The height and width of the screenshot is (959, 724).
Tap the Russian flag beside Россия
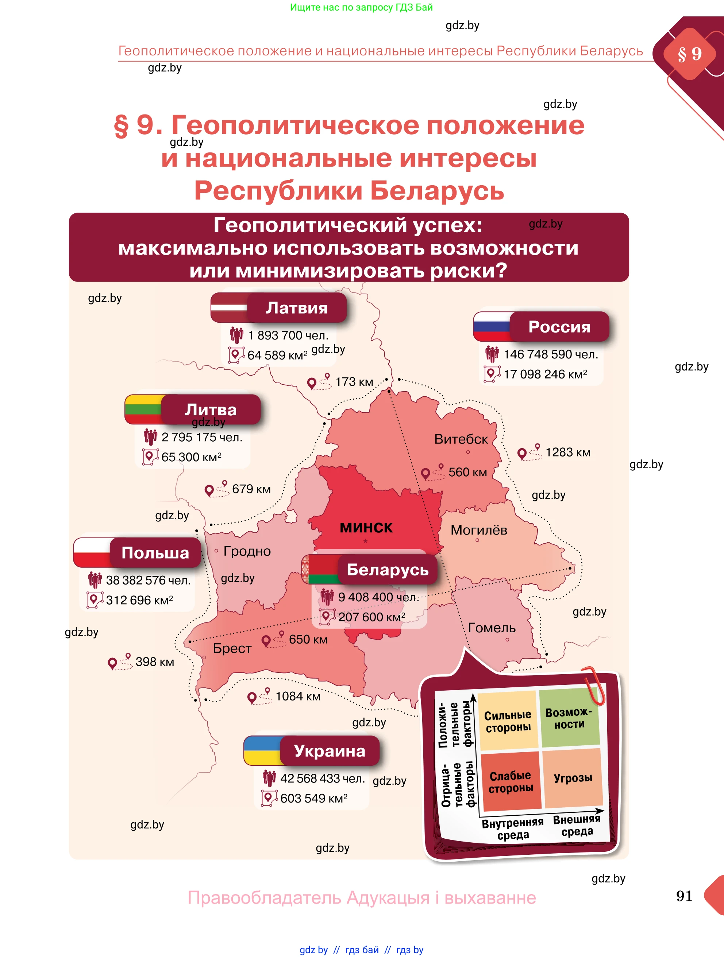492,326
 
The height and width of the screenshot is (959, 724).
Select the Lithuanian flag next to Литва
143,409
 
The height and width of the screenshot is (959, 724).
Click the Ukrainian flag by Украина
262,750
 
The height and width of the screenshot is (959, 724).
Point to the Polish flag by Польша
92,552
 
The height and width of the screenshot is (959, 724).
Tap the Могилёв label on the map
478,530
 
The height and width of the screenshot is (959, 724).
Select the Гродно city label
247,551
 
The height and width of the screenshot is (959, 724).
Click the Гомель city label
492,628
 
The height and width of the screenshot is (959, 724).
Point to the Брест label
232,648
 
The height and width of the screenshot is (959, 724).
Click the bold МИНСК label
366,527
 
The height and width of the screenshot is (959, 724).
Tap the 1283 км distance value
567,452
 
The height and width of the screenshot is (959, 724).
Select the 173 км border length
354,381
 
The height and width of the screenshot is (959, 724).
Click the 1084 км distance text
298,696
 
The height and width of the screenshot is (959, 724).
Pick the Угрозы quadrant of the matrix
573,778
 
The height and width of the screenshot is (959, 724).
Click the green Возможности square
569,718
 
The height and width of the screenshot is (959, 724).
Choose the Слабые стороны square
511,782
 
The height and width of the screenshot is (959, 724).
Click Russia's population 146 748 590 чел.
551,354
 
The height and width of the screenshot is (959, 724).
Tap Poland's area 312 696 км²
139,600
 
